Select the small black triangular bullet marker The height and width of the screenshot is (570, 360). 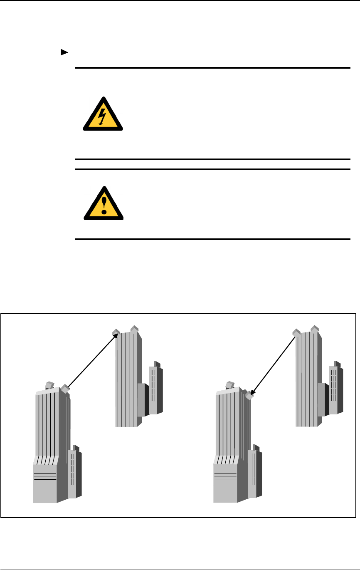(64, 52)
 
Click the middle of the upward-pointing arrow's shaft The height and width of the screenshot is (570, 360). (91, 361)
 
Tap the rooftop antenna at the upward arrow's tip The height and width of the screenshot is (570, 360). (116, 332)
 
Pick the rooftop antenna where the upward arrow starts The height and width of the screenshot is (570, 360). (64, 389)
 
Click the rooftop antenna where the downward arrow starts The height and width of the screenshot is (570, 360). (296, 333)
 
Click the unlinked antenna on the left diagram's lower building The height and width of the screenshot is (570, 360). (50, 384)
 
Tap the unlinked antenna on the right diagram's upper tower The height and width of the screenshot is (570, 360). (314, 328)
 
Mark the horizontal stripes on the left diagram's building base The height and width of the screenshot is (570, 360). (45, 477)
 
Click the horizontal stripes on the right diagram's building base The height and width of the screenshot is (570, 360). (225, 477)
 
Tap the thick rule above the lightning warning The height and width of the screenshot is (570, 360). (212, 67)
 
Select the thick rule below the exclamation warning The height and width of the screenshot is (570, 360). (212, 239)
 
